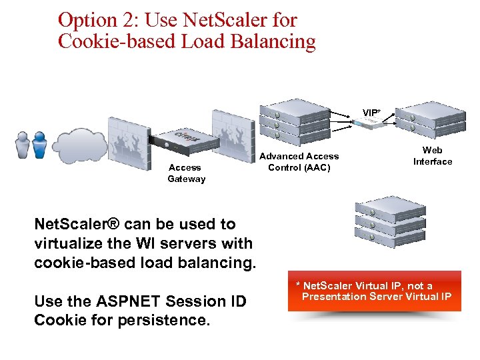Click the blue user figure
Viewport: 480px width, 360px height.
[x=40, y=145]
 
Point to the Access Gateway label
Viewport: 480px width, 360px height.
[x=186, y=173]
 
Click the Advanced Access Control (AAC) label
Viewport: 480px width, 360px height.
[x=299, y=161]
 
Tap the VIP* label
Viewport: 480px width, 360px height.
[x=372, y=113]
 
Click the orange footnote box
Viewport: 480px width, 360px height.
[x=374, y=291]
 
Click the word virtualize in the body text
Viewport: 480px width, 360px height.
[x=72, y=243]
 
